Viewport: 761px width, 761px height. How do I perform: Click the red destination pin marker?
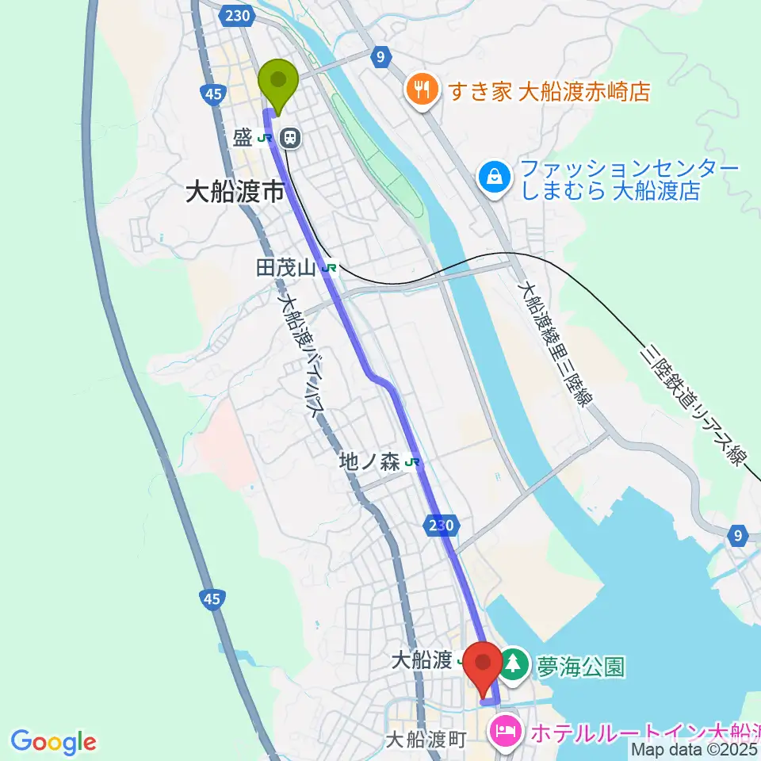[x=483, y=664]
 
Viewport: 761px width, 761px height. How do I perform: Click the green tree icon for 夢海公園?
[x=514, y=664]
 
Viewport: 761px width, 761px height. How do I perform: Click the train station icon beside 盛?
[x=291, y=139]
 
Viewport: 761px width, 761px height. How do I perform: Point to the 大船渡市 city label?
[x=234, y=193]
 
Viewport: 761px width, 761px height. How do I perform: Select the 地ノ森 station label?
[x=369, y=462]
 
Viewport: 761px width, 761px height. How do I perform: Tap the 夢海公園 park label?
[x=579, y=665]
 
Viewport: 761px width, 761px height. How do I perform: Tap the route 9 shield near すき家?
[x=381, y=56]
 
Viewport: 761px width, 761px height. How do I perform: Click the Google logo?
[x=52, y=741]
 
